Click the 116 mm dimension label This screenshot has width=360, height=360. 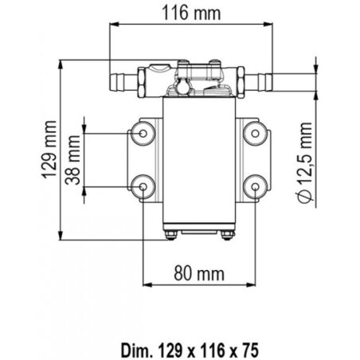point(191,13)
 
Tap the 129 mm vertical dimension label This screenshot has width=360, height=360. point(49,149)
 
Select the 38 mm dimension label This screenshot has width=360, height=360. point(72,160)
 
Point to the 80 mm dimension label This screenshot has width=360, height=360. point(199,274)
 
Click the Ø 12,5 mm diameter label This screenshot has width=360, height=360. point(304,162)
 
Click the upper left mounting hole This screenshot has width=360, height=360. point(143,133)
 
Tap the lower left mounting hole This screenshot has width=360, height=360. point(143,187)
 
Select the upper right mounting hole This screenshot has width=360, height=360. point(255,133)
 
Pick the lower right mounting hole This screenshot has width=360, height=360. point(255,187)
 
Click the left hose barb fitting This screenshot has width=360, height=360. point(123,83)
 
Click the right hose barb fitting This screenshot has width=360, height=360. point(259,83)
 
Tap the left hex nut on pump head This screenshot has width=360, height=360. point(141,82)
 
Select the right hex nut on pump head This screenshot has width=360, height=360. point(241,82)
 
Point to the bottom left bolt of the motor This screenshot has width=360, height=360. point(171,235)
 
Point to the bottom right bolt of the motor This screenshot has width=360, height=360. point(228,235)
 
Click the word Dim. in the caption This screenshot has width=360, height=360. point(135,350)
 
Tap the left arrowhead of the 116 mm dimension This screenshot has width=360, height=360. point(114,24)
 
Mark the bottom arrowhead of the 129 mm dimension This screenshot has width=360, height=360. point(61,236)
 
